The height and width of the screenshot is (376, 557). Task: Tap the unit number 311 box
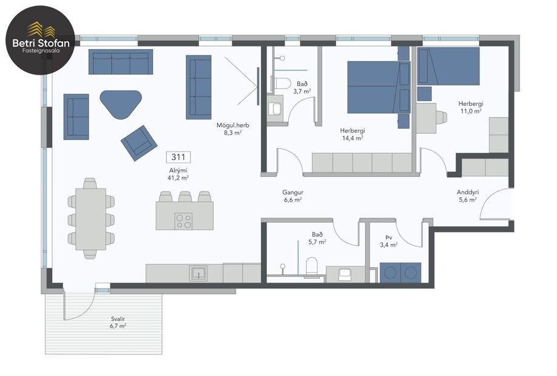[x=178, y=157]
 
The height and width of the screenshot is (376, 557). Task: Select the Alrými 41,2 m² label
[x=178, y=174]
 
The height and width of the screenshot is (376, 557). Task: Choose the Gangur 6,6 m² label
[x=293, y=195]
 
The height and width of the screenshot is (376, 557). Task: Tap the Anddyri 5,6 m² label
[x=467, y=195]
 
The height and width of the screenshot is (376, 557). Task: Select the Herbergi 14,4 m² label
[x=352, y=134]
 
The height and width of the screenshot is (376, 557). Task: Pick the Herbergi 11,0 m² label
[x=470, y=107]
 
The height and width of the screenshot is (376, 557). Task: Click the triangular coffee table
[x=121, y=104]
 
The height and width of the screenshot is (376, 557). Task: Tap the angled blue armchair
[x=139, y=143]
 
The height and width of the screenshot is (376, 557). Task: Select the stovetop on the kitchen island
[x=184, y=221]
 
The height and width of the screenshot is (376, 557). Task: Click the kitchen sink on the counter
[x=198, y=273]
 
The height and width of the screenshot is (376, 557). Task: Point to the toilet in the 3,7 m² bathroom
[x=282, y=83]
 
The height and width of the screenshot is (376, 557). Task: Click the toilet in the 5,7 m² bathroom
[x=312, y=267]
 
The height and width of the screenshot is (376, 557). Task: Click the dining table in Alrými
[x=90, y=218]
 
